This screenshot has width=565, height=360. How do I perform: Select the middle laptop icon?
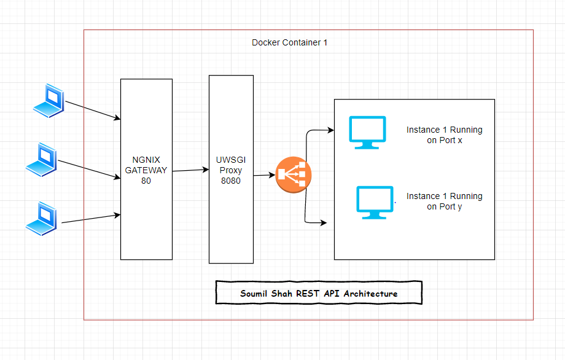(x=42, y=158)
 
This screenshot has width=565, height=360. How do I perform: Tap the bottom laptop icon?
(x=41, y=217)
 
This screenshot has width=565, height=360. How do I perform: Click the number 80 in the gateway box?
(x=146, y=181)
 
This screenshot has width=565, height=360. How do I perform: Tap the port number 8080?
(x=231, y=181)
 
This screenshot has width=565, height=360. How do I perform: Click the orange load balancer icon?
(x=294, y=175)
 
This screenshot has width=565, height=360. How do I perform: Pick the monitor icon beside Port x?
(x=367, y=132)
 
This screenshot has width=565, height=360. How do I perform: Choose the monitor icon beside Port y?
(x=375, y=203)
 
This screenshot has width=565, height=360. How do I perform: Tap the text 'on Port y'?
(x=444, y=207)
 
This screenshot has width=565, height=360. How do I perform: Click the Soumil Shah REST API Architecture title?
(x=319, y=293)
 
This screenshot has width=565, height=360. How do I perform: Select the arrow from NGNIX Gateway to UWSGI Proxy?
(x=190, y=171)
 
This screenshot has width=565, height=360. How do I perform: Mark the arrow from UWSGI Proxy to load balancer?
(x=265, y=175)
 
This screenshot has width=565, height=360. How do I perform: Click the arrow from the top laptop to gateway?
(x=92, y=109)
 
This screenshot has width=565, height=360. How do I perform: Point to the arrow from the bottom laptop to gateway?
(x=90, y=219)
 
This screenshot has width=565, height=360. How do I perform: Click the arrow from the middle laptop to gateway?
(x=89, y=170)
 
